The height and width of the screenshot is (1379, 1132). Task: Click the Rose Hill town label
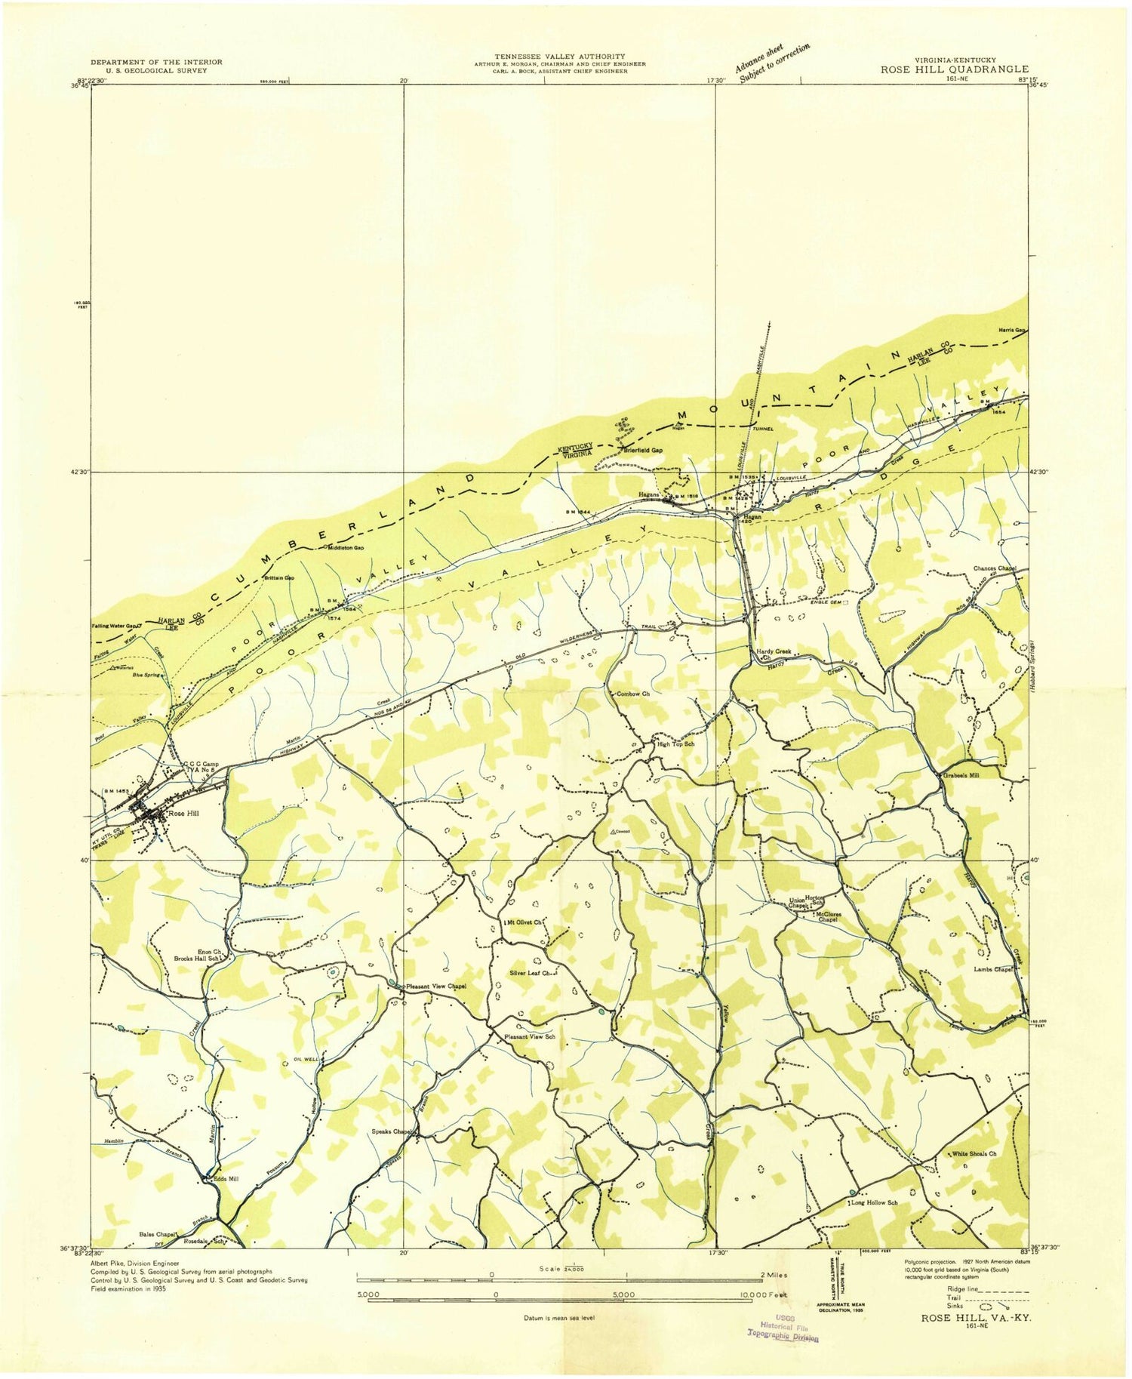(x=181, y=814)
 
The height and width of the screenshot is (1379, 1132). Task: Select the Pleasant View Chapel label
(x=436, y=986)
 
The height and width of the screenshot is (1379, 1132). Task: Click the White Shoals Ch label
(x=974, y=1154)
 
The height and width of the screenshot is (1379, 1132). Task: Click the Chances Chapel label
(x=995, y=568)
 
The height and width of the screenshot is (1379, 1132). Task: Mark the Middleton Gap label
(x=346, y=548)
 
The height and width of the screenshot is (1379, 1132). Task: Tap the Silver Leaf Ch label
(x=533, y=974)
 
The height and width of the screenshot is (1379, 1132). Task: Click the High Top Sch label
(x=675, y=744)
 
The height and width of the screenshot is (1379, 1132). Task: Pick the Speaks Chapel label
(x=391, y=1131)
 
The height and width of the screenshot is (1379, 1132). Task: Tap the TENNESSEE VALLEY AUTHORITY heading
(x=559, y=57)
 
